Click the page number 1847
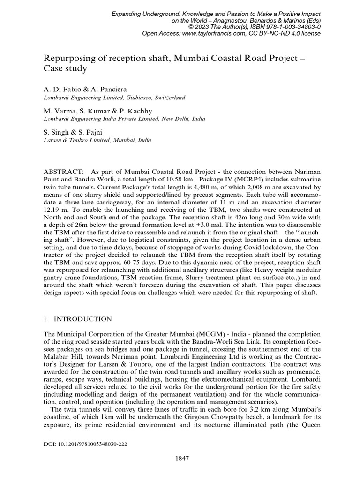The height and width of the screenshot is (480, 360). (x=180, y=458)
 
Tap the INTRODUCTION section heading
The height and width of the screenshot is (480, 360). (x=82, y=319)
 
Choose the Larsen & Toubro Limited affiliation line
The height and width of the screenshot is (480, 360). (x=97, y=140)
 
